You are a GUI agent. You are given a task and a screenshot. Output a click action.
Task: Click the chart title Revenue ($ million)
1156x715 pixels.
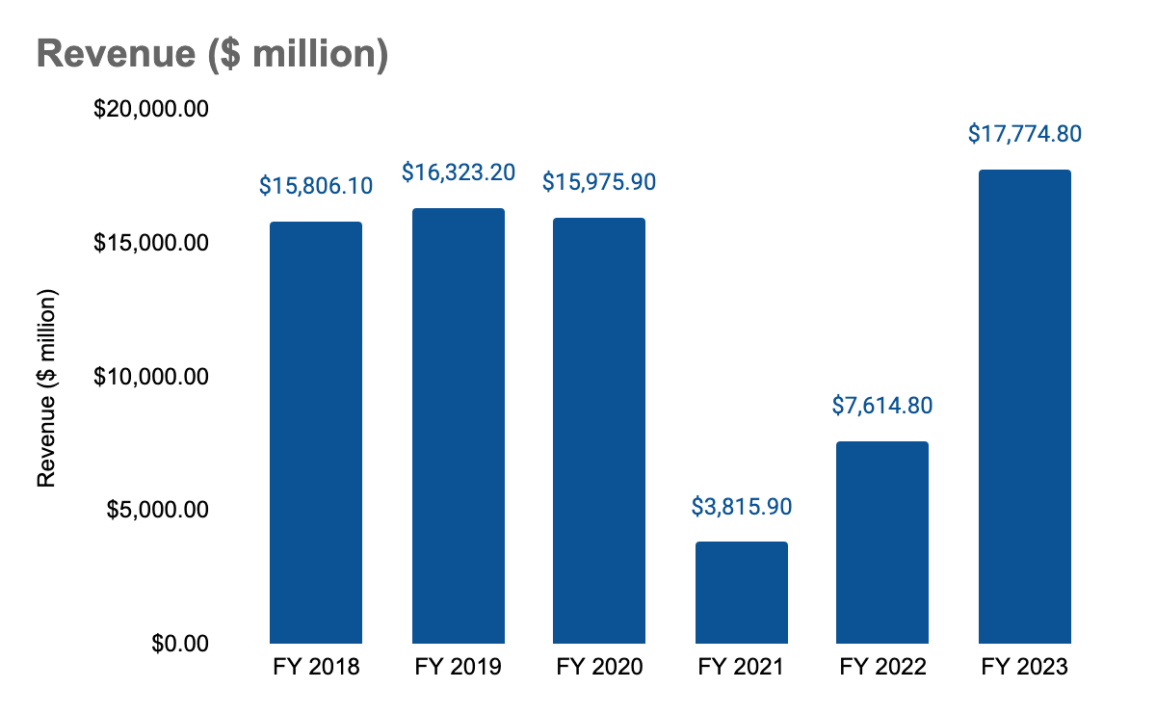coord(212,55)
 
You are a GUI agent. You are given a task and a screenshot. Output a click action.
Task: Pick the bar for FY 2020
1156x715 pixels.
coord(599,430)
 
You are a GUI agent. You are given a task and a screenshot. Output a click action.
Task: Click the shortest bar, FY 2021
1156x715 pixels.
coord(742,592)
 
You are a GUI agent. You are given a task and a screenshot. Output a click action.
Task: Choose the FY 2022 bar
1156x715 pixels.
coord(882,542)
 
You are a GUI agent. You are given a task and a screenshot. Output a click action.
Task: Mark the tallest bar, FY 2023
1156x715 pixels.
coord(1025,406)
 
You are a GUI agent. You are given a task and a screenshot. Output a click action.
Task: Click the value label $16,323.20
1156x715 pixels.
coord(459,172)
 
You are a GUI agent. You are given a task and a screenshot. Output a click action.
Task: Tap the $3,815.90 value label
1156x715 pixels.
coord(742,505)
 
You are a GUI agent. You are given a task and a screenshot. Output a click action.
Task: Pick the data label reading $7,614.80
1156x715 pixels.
coord(882,405)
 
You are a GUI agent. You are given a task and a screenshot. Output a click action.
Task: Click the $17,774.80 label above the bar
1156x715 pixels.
coord(1025,134)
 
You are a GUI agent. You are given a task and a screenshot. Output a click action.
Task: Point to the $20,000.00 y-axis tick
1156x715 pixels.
coord(151,109)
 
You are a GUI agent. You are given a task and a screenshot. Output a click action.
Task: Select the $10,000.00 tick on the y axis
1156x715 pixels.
coord(151,376)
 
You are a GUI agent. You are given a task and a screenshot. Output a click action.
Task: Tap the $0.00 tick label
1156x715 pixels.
coord(180,643)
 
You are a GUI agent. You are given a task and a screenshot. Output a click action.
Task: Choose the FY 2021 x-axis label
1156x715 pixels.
coord(742,667)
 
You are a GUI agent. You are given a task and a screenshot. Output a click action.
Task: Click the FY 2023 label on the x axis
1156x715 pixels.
coord(1025,667)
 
